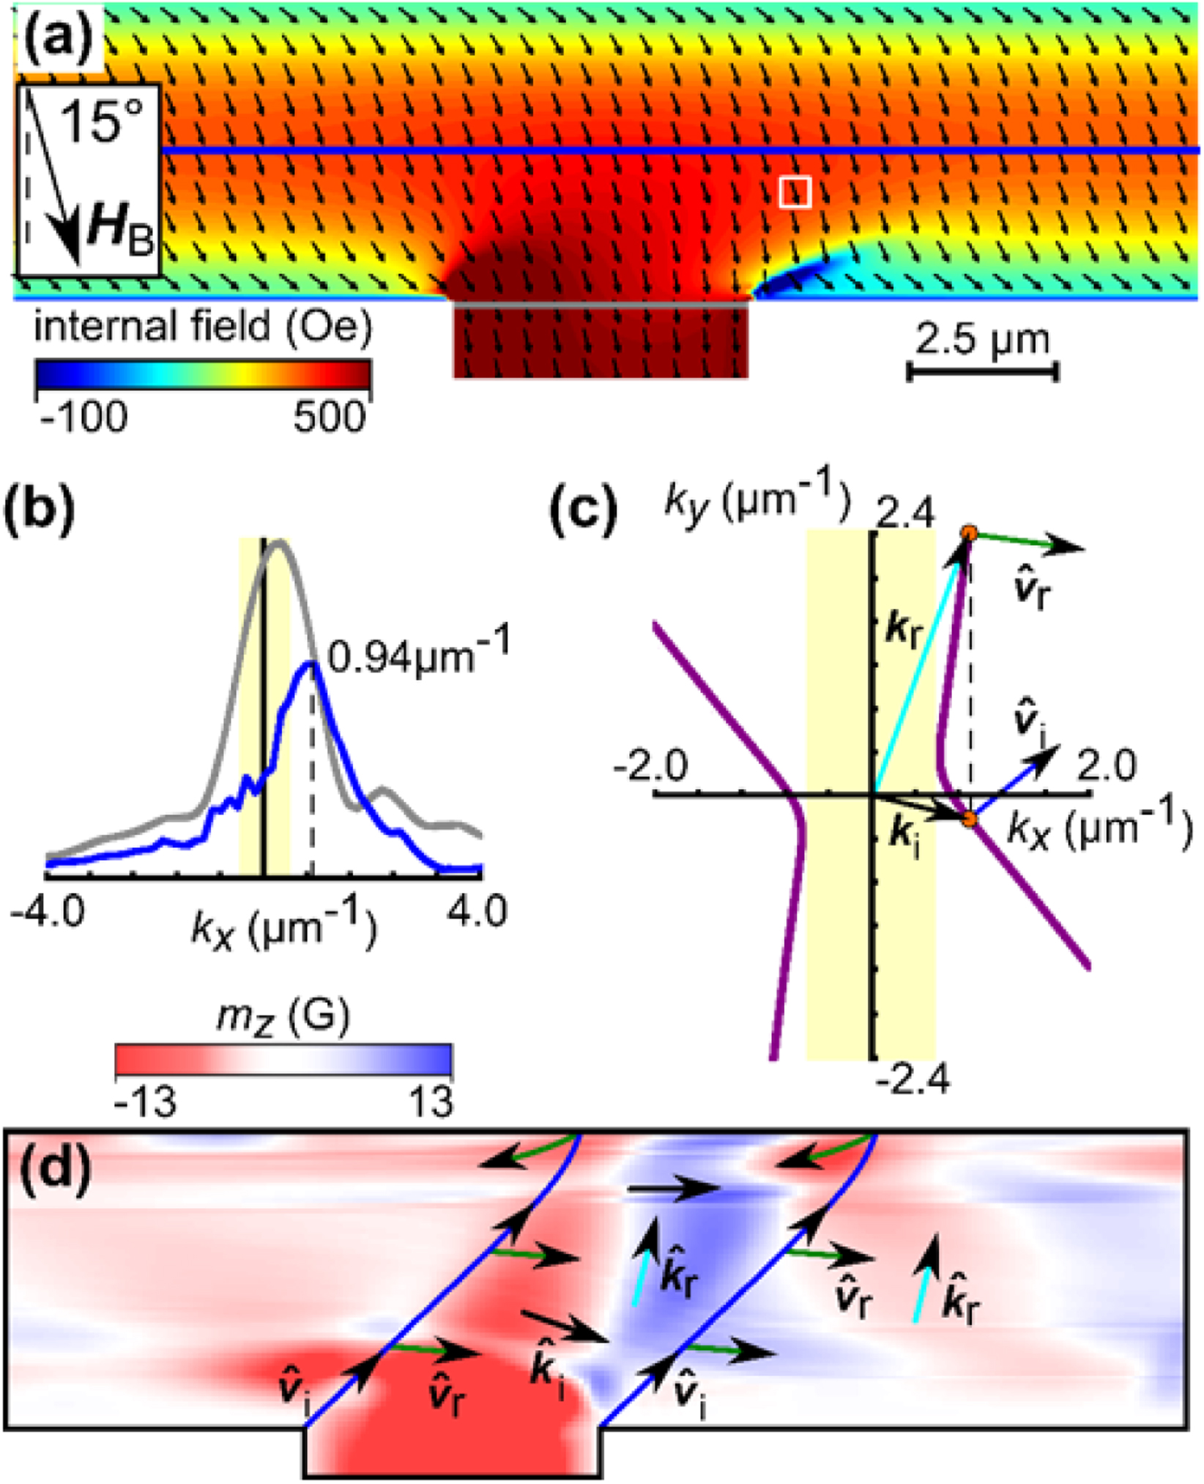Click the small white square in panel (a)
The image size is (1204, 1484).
click(795, 193)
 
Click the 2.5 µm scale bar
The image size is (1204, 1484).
click(983, 372)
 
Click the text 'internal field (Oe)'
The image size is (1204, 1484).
click(203, 326)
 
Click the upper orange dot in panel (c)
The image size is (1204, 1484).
click(969, 533)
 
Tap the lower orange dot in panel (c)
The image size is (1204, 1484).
click(970, 819)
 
